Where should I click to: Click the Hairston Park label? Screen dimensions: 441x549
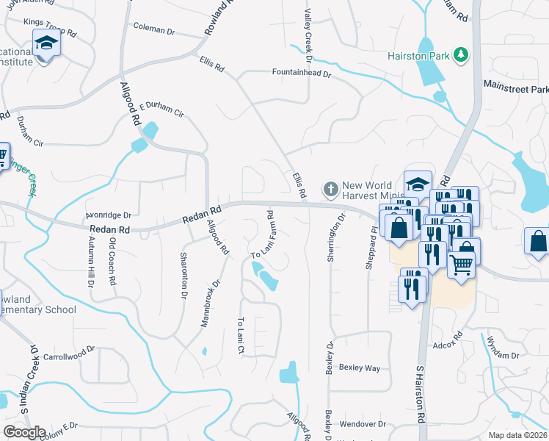tap(421, 55)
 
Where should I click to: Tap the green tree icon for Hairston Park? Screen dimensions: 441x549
tap(461, 54)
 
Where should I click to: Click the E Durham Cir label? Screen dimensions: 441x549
tap(161, 110)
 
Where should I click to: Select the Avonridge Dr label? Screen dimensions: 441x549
tap(108, 215)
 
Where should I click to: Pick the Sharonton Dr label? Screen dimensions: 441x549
tap(183, 276)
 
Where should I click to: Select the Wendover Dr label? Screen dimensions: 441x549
tap(363, 424)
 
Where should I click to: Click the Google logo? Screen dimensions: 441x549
tap(24, 431)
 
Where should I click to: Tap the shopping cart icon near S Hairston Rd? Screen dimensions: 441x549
tap(462, 264)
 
